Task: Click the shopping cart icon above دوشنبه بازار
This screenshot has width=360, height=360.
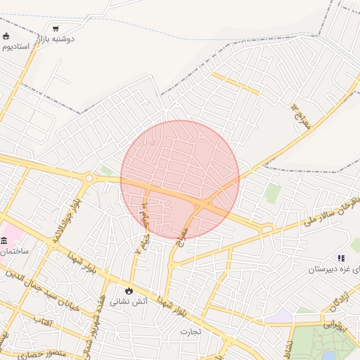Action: point(56,29)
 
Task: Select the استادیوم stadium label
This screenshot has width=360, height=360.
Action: point(15,46)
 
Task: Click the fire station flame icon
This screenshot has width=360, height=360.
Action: point(129,290)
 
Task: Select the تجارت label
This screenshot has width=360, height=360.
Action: point(191,330)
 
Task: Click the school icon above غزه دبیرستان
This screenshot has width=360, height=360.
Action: point(341,259)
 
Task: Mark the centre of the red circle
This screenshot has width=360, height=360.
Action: point(180,179)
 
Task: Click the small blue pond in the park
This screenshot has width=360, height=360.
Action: point(328,354)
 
